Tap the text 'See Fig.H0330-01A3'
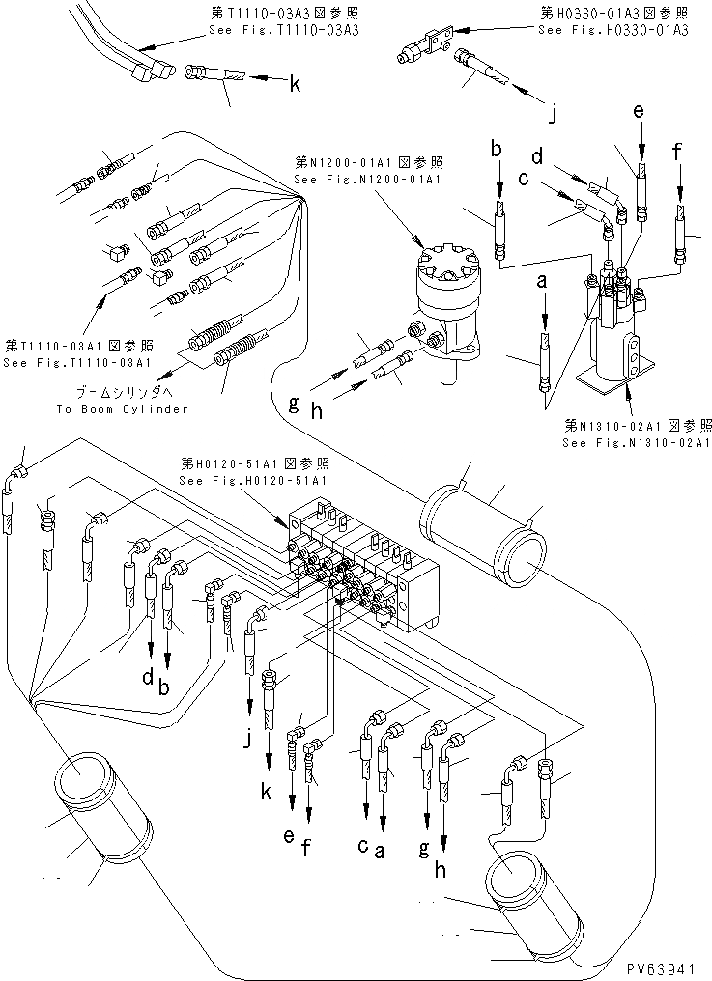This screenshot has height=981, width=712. point(612,30)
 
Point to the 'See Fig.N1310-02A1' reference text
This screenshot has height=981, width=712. point(638,442)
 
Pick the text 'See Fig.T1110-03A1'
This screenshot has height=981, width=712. point(76,363)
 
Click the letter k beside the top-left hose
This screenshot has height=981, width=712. point(295,85)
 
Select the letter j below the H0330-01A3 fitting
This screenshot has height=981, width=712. point(553,116)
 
